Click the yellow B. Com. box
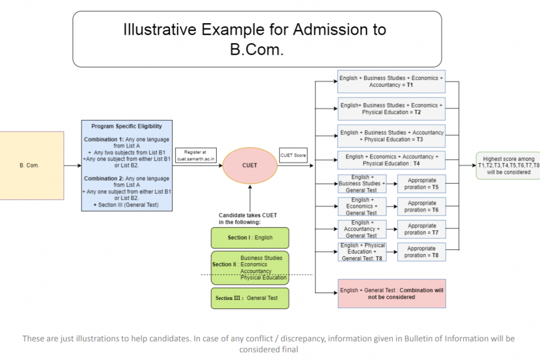(x=32, y=166)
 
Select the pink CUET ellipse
(x=250, y=166)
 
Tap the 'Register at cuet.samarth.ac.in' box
(x=196, y=155)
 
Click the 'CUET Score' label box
(x=293, y=155)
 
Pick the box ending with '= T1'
(x=391, y=81)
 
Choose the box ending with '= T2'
(x=391, y=109)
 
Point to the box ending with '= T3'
(x=391, y=136)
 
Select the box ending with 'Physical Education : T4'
(x=391, y=160)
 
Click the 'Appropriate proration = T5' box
(x=421, y=183)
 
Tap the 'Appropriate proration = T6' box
(x=421, y=206)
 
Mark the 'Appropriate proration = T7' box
(x=421, y=229)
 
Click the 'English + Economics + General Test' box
(x=361, y=206)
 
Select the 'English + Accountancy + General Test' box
(x=361, y=229)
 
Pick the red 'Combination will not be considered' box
(x=391, y=294)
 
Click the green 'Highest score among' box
(x=507, y=166)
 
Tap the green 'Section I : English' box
(x=250, y=238)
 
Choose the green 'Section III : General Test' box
(x=250, y=298)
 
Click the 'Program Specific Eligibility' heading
(x=127, y=127)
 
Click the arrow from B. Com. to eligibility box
(x=72, y=166)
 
